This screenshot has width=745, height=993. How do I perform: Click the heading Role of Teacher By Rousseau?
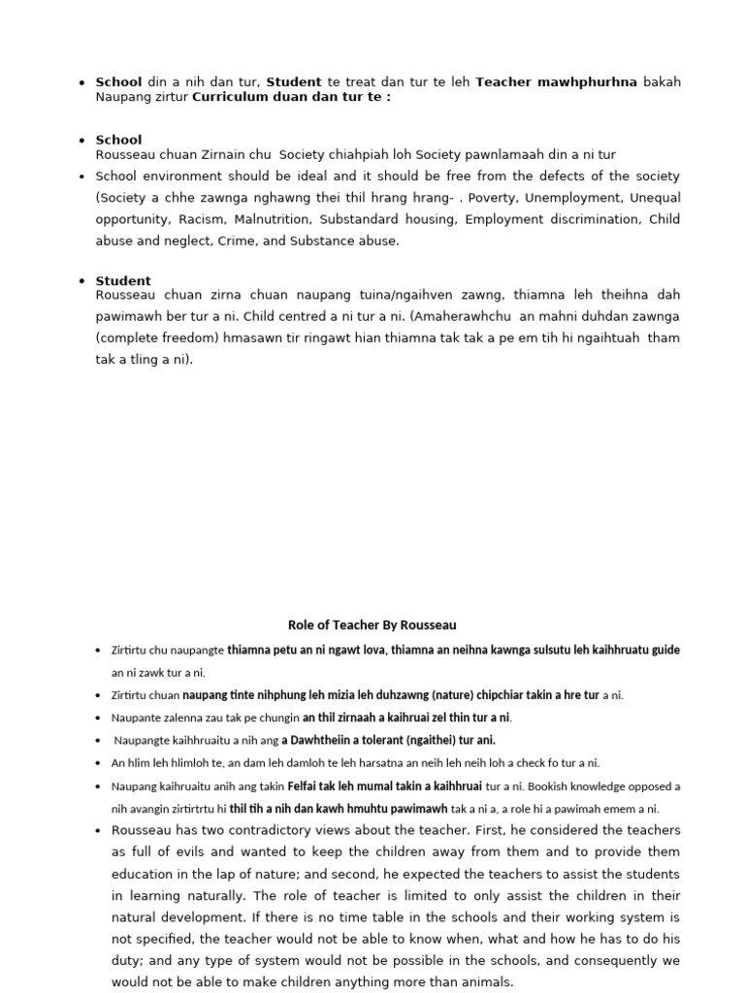[x=372, y=625]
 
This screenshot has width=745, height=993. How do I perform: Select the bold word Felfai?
[x=305, y=785]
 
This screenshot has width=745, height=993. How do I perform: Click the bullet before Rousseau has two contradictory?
[x=99, y=831]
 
